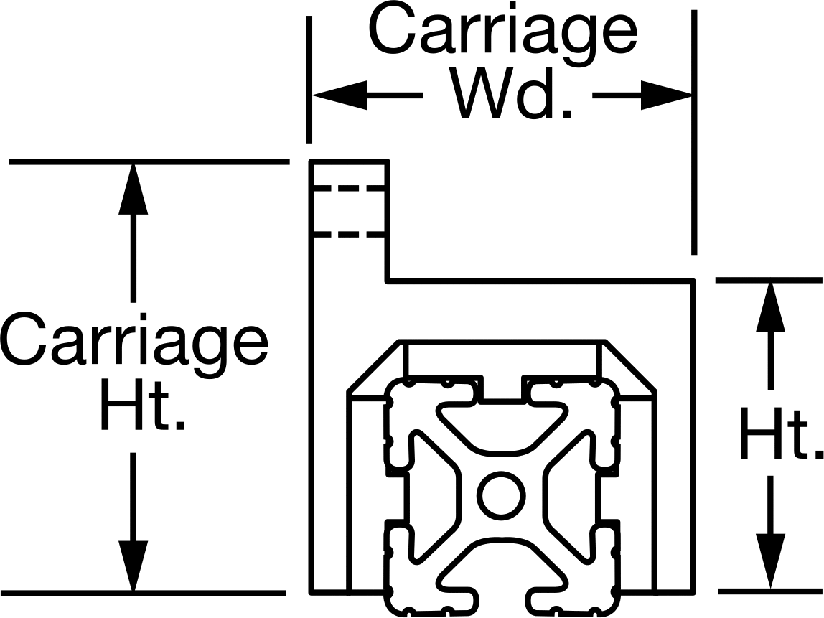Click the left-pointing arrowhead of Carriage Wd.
pyautogui.click(x=340, y=95)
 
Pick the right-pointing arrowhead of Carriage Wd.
pyautogui.click(x=666, y=95)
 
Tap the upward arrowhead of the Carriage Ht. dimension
pyautogui.click(x=133, y=189)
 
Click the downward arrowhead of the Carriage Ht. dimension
pyautogui.click(x=133, y=566)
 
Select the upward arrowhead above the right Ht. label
pyautogui.click(x=770, y=307)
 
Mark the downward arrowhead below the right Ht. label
pyautogui.click(x=770, y=561)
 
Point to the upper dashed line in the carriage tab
pyautogui.click(x=349, y=188)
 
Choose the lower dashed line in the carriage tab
pyautogui.click(x=349, y=234)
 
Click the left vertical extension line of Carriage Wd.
pyautogui.click(x=309, y=79)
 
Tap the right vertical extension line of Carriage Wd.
pyautogui.click(x=694, y=132)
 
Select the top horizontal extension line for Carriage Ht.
pyautogui.click(x=149, y=161)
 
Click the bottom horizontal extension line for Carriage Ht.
pyautogui.click(x=143, y=594)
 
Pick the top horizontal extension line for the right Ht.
pyautogui.click(x=769, y=280)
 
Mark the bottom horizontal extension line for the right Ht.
pyautogui.click(x=770, y=591)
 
